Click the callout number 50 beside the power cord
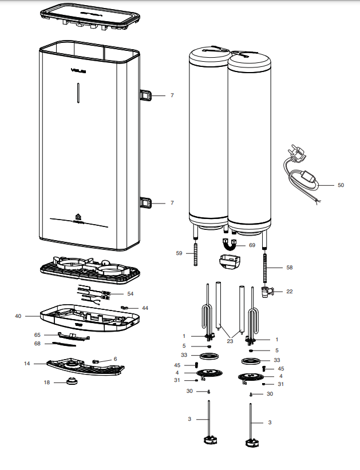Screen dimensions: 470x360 point(341,185)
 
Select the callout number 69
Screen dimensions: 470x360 point(251,245)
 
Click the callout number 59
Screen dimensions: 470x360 point(179,252)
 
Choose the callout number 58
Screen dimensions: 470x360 point(289,267)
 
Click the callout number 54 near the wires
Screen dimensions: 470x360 point(130,293)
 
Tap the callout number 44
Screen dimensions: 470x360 point(145,308)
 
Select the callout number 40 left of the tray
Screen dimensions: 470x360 point(19,316)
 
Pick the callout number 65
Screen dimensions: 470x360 point(37,334)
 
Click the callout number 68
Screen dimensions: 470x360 point(37,343)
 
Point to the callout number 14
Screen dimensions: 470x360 point(26,363)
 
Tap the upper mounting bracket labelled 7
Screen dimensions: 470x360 point(147,95)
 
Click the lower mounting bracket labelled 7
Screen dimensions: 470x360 point(147,202)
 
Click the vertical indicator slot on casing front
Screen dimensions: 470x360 point(78,93)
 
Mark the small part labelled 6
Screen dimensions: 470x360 point(97,361)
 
